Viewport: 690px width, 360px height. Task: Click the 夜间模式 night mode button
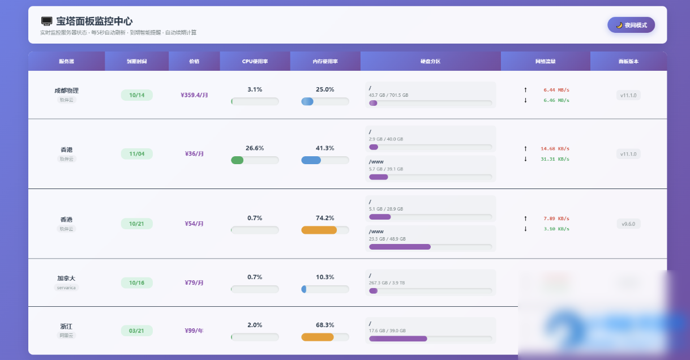coord(631,25)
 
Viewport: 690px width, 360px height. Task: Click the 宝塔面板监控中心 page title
coord(94,21)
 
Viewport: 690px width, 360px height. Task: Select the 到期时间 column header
coord(136,61)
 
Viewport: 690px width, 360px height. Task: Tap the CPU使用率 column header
coord(255,61)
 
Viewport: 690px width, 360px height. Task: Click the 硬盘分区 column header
coord(430,61)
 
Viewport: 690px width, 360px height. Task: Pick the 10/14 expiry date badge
coord(137,95)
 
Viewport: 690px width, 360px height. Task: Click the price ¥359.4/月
coord(194,95)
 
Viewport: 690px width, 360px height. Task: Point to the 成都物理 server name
coord(66,91)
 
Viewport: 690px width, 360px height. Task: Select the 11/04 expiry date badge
coord(137,154)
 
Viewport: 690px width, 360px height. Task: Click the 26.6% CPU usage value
coord(255,148)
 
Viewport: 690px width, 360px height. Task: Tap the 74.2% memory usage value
coord(325,218)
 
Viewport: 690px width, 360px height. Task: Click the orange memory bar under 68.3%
coord(318,337)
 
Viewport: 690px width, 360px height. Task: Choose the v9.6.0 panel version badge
coord(628,224)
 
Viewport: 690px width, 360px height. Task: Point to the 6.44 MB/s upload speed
coord(556,90)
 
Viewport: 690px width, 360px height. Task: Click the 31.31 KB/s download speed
coord(555,159)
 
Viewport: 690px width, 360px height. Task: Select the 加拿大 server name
coord(66,278)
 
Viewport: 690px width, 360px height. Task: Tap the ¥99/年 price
coord(194,331)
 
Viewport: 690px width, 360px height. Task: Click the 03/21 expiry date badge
coord(137,331)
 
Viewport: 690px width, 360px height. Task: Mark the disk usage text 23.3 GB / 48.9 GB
coord(387,239)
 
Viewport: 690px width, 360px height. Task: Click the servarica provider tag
coord(66,288)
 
